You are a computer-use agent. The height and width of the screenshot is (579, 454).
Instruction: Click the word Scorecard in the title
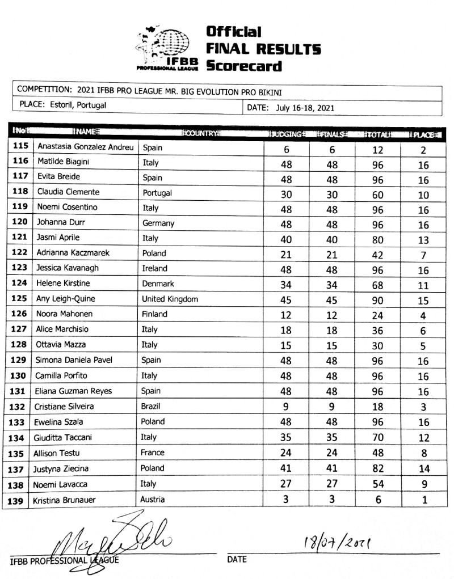(243, 66)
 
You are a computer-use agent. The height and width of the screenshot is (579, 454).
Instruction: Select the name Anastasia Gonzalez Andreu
(85, 147)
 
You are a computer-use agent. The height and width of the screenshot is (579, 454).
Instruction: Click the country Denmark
(158, 284)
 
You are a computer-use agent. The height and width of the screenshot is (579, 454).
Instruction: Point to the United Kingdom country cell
(170, 299)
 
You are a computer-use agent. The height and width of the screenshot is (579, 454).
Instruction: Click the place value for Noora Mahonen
(423, 316)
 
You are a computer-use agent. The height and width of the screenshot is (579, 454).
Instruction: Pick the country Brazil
(153, 406)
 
